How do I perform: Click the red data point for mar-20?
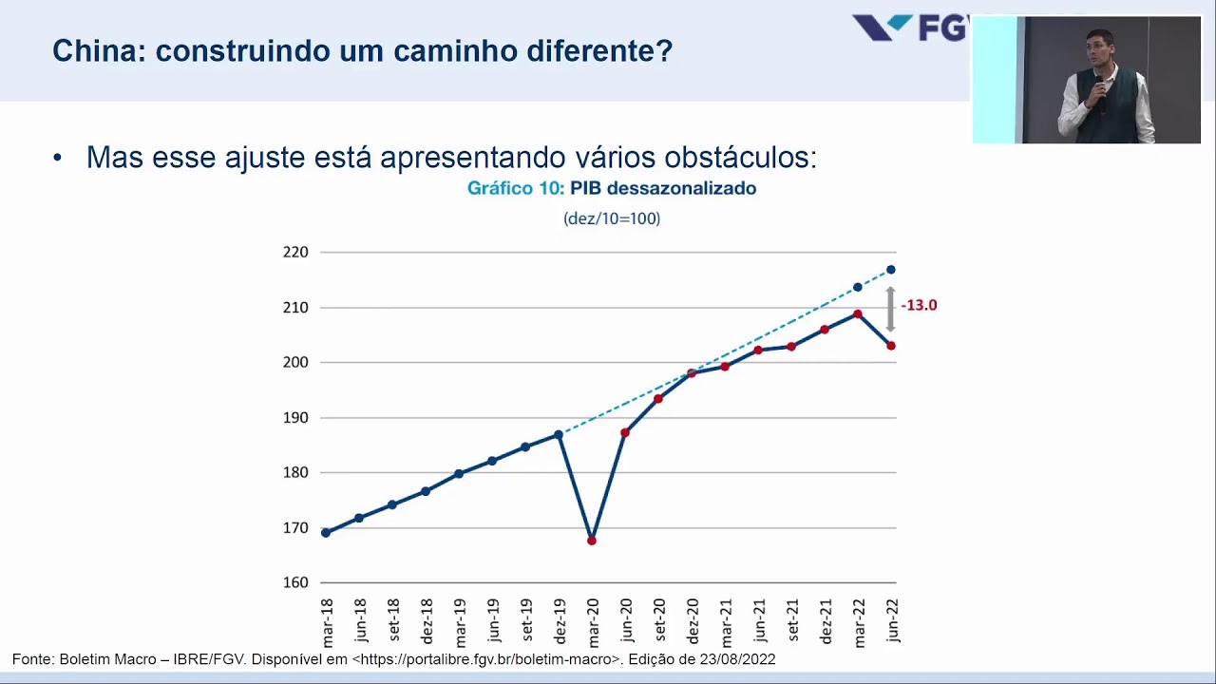point(592,541)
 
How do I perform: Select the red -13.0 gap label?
point(919,305)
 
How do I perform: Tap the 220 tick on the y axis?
point(295,253)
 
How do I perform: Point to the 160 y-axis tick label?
point(295,582)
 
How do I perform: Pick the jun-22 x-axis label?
point(892,620)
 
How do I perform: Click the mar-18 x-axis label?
point(327,622)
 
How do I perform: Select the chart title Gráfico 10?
point(516,188)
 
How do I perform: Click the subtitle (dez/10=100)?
point(612,218)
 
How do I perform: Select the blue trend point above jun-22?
point(891,270)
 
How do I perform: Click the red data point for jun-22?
point(891,346)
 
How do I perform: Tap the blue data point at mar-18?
point(326,533)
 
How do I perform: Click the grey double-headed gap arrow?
point(891,309)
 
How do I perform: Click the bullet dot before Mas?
point(58,158)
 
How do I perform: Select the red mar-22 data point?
point(858,314)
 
